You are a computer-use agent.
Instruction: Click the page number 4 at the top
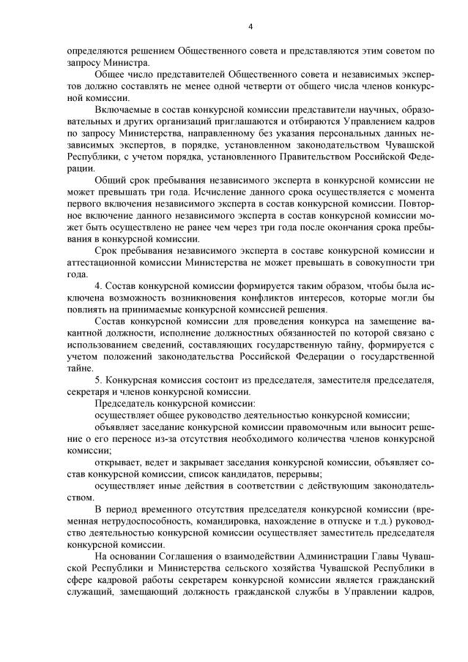[x=250, y=28]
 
